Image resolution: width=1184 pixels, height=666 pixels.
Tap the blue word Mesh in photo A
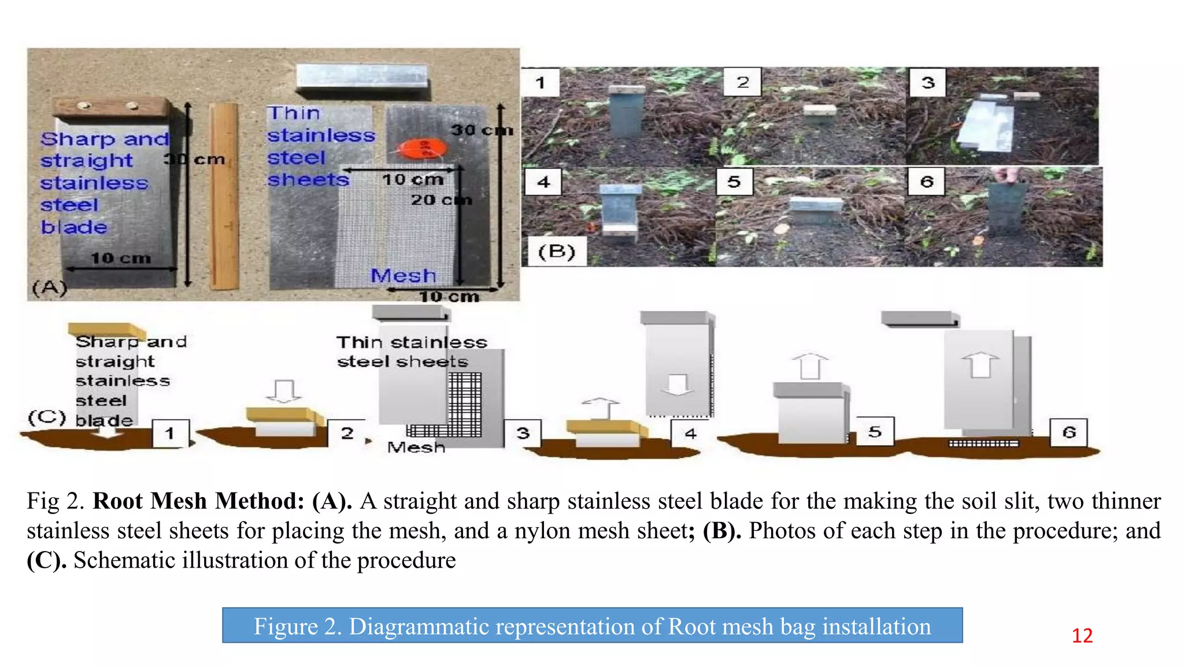point(403,276)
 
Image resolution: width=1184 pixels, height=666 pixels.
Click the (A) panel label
point(49,287)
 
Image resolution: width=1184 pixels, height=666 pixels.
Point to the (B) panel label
point(556,252)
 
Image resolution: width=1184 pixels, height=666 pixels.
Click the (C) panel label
point(47,417)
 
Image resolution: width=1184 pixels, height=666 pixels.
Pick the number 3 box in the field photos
point(927,83)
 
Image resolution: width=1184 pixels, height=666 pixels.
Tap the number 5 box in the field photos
point(734,182)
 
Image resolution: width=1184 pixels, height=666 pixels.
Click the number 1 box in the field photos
point(541,83)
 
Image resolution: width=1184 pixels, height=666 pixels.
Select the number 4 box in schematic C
point(690,434)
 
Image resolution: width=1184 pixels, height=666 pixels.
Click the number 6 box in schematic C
point(1068,432)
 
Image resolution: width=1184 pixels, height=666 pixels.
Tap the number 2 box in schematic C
point(346,434)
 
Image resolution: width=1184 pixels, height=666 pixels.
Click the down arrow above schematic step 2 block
point(283,391)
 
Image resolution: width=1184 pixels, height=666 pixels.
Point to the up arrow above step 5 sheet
point(810,365)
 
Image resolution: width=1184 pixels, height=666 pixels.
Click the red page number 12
point(1082,635)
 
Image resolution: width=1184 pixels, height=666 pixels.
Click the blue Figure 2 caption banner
point(592,626)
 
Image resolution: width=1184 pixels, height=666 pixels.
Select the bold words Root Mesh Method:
point(198,501)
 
